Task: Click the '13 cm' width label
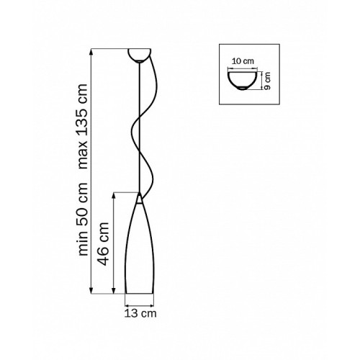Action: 140,313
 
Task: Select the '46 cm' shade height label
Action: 104,244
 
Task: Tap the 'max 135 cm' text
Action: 83,126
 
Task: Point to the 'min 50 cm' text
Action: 84,219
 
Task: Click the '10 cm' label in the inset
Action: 243,61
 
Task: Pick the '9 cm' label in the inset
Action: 267,81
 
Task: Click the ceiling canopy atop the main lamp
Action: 139,55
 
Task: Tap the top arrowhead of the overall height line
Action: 91,52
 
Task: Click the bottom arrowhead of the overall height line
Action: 91,290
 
